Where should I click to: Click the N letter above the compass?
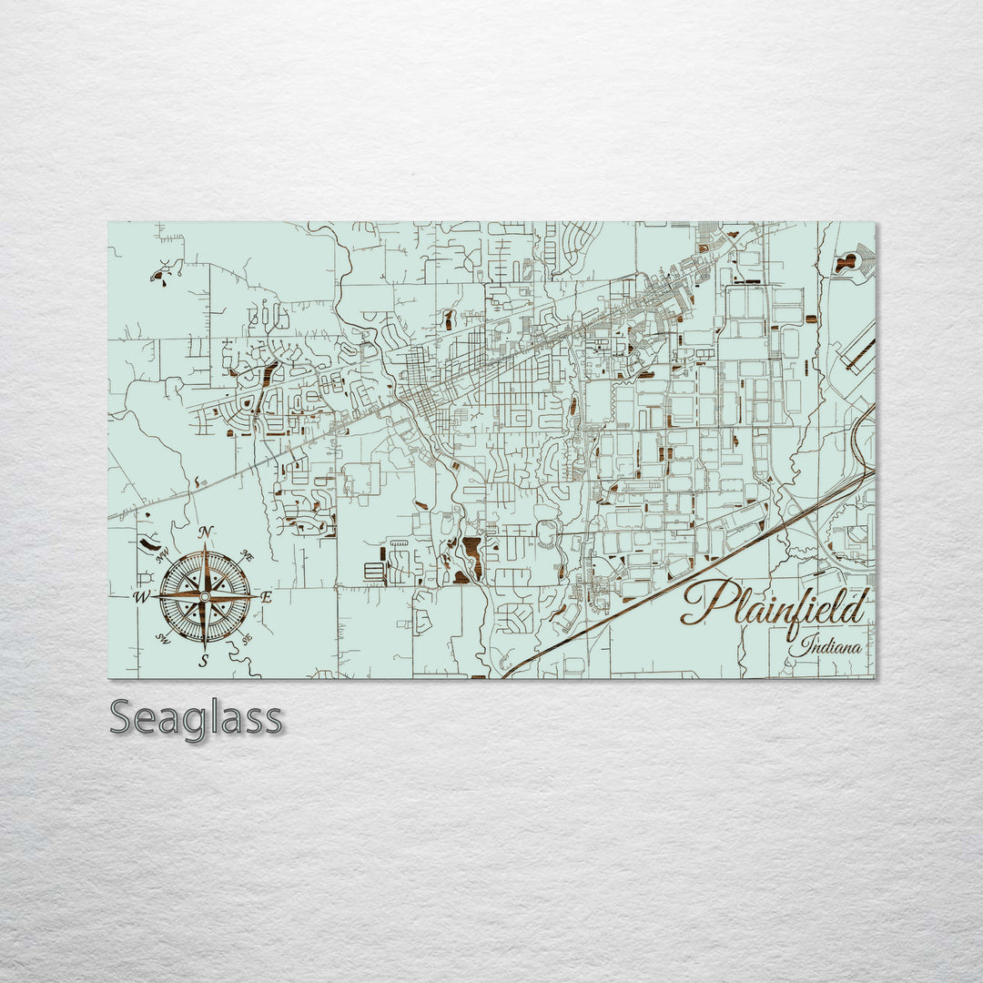207,532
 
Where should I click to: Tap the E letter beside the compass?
267,598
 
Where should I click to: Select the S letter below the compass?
204,661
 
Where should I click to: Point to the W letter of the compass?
142,598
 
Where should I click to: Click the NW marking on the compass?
164,556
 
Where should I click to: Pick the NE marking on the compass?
246,554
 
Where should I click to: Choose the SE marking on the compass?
244,638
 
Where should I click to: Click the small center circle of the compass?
205,597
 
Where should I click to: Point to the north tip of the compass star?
206,550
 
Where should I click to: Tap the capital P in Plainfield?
703,603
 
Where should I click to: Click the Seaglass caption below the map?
196,719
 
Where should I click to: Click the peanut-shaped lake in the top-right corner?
846,263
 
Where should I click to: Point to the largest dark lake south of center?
471,550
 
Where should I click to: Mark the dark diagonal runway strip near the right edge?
858,355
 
